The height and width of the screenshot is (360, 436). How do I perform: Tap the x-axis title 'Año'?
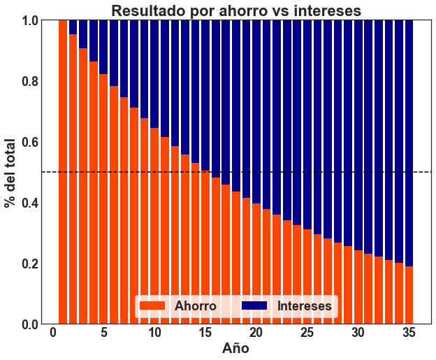coord(236,347)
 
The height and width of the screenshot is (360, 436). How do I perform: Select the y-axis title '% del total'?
coord(10,172)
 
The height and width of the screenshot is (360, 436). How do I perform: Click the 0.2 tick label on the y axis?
coord(29,264)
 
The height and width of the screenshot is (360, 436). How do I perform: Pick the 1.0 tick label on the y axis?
coord(29,20)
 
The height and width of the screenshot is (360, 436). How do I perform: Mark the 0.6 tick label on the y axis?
coord(29,142)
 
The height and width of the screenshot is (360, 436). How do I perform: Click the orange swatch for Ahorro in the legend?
coord(152,306)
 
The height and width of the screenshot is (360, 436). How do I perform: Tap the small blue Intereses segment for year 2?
coord(73,27)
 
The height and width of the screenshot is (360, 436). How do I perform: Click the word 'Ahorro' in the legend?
coord(195,306)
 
